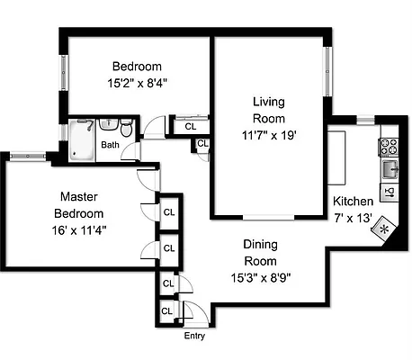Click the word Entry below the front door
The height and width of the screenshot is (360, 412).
[x=194, y=337]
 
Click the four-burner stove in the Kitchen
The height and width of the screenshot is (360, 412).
[x=390, y=143]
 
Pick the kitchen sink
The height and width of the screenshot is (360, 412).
[x=390, y=167]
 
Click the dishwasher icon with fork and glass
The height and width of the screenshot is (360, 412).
[x=390, y=191]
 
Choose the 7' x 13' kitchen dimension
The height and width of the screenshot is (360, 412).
[x=351, y=217]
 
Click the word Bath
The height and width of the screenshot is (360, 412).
[x=110, y=145]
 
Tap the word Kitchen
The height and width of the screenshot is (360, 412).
[x=352, y=201]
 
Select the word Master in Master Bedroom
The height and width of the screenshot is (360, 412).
[x=79, y=196]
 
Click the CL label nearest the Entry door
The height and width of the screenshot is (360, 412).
[x=167, y=311]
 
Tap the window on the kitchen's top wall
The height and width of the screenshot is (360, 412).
[x=365, y=120]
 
